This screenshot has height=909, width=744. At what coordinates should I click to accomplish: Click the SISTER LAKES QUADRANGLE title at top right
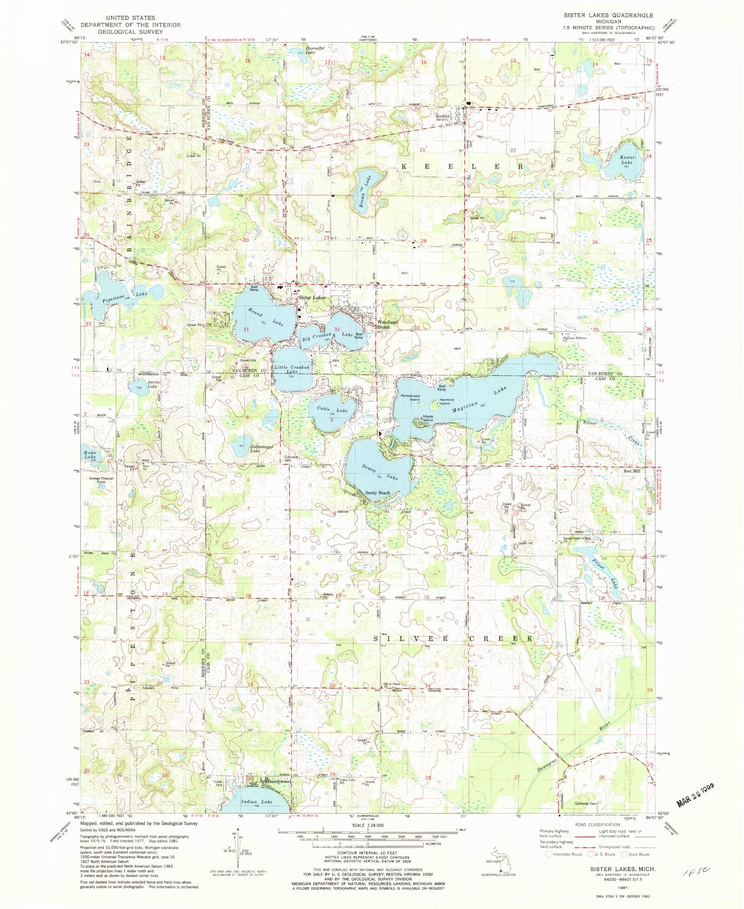pos(609,15)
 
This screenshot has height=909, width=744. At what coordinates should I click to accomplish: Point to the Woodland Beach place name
pos(387,324)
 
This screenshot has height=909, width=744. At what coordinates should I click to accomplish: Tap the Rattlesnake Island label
pos(411,397)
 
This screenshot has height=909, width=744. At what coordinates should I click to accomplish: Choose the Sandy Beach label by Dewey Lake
pos(377,493)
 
